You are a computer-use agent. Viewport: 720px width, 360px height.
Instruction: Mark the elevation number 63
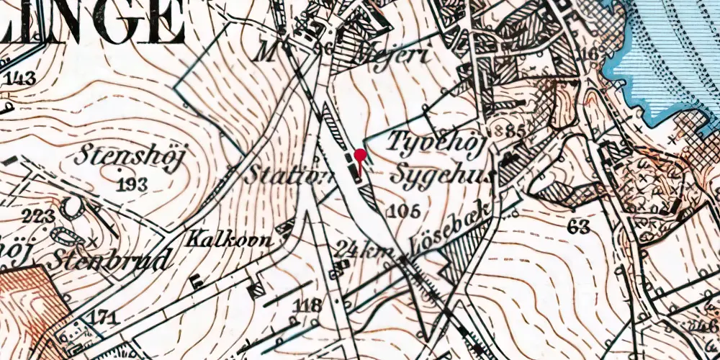[x=578, y=228]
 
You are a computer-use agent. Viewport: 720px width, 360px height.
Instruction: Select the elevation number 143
[x=19, y=79]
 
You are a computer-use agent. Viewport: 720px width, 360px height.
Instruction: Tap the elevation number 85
[x=513, y=132]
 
